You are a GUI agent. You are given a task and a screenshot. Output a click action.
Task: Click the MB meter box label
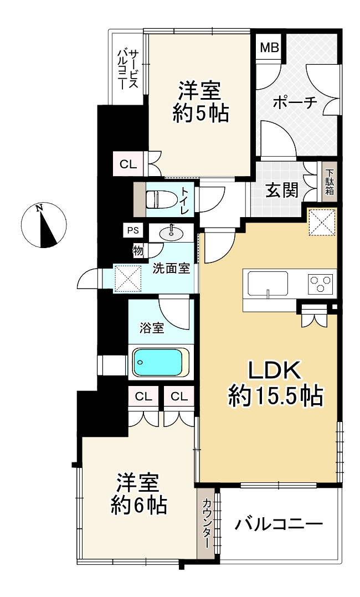pos(270,48)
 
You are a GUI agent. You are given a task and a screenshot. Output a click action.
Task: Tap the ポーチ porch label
pos(296,102)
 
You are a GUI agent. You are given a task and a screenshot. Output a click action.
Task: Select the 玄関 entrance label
pos(282,189)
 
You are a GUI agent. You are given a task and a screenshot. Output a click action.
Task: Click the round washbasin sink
pos(172,233)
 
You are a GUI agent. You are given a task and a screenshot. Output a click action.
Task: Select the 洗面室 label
pos(171,269)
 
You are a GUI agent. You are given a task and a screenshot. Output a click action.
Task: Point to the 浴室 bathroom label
pos(152,328)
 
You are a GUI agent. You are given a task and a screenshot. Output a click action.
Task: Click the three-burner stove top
pos(320,284)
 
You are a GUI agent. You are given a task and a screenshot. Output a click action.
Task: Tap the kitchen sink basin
pos(268,284)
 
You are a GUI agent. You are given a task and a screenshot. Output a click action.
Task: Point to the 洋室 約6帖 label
pos(138,493)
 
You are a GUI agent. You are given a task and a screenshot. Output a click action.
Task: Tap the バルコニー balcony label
pos(279,524)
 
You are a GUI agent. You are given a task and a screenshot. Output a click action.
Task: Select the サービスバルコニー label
pos(127,69)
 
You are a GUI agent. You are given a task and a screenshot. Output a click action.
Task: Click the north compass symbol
pos(43,225)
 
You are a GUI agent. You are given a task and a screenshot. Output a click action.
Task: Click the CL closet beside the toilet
pos(128,164)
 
